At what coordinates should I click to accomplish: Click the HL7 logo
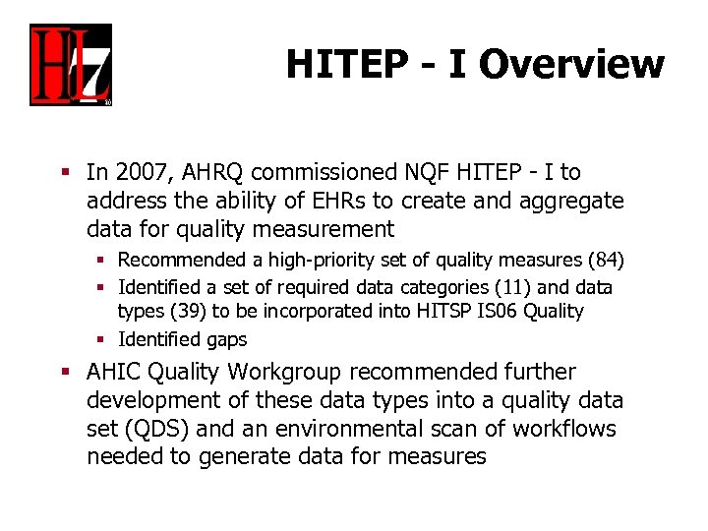click(70, 65)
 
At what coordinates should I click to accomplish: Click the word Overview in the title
click(571, 65)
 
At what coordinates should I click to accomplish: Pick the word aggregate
click(576, 202)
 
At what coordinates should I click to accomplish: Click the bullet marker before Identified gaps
click(107, 339)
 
